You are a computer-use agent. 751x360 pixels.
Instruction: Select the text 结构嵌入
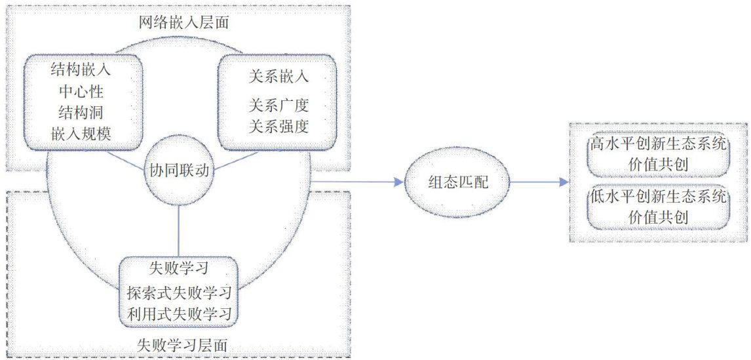81,68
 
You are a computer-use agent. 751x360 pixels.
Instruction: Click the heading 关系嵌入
279,75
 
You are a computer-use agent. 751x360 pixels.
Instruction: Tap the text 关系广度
279,105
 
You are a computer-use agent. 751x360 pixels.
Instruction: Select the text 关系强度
279,126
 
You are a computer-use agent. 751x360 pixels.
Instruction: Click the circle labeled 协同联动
179,170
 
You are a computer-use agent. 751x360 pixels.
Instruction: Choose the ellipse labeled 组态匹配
457,182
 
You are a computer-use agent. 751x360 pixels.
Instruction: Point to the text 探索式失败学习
179,292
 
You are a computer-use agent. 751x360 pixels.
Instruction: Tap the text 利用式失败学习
179,314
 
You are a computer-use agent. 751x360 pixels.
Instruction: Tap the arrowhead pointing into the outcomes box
564,182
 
